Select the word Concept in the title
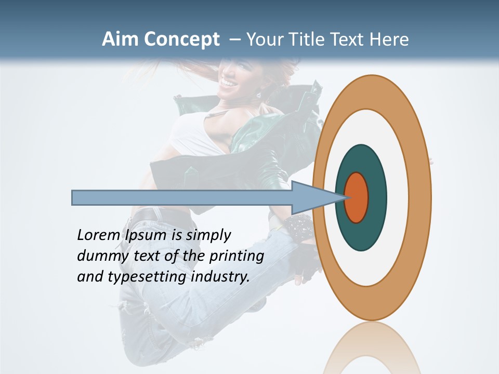click(x=181, y=39)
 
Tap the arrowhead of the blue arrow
click(x=317, y=197)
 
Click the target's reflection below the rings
click(x=372, y=351)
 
